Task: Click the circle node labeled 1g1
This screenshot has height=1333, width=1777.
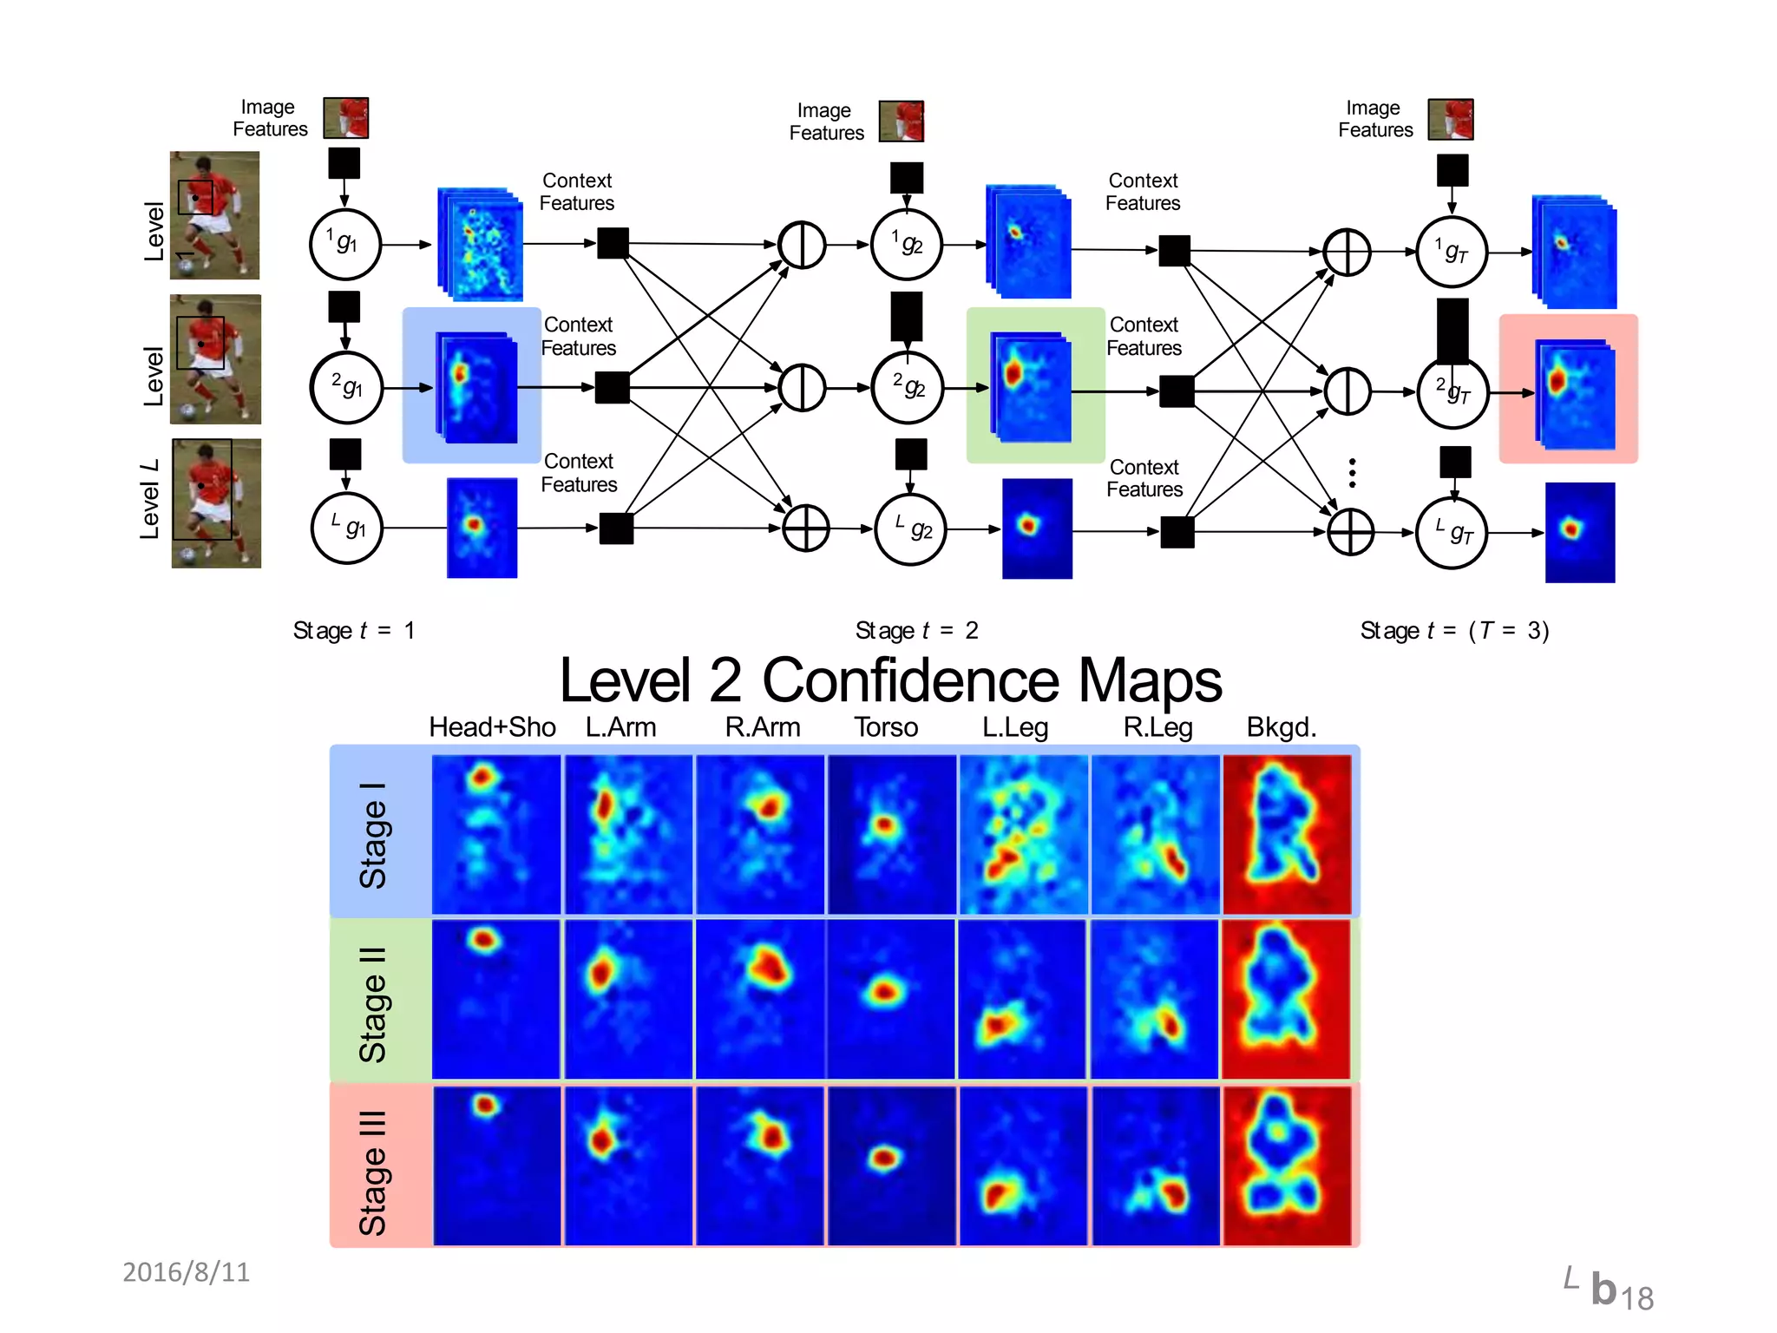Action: pos(345,245)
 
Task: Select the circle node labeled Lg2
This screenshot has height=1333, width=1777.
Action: pos(910,529)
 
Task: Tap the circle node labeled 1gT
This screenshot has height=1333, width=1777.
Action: pos(1452,253)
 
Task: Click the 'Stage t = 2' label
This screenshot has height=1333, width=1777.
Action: pos(916,630)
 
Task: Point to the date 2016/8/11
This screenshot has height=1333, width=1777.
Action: pos(186,1272)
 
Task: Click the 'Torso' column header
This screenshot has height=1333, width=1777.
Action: pos(885,727)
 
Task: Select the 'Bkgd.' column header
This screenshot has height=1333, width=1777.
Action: pos(1281,727)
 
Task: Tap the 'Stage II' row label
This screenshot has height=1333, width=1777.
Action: pos(373,1004)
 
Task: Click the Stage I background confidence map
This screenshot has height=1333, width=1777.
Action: pos(1287,834)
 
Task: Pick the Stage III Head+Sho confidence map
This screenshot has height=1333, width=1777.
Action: pos(496,1166)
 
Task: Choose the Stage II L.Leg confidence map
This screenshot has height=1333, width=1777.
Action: pos(1022,999)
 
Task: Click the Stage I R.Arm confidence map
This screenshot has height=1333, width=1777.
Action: pos(760,834)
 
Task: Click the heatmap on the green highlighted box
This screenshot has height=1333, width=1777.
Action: pos(1030,386)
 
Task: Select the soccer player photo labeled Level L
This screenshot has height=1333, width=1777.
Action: pos(216,503)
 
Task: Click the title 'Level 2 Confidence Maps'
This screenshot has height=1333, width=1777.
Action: pos(890,680)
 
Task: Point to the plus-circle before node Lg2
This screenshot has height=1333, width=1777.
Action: pos(806,529)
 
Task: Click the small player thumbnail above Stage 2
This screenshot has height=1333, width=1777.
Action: pos(901,121)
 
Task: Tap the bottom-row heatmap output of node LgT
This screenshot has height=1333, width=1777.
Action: pos(1579,532)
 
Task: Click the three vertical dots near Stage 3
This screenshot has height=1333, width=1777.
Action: pos(1352,473)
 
